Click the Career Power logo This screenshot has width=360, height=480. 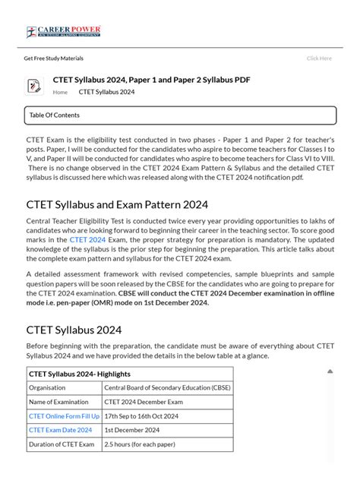click(x=64, y=32)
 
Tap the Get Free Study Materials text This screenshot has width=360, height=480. click(x=53, y=58)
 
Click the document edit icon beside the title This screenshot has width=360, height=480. click(x=34, y=86)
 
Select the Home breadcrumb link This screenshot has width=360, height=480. click(x=60, y=93)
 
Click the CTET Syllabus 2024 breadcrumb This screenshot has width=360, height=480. click(x=106, y=93)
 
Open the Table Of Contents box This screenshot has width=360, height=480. click(x=180, y=115)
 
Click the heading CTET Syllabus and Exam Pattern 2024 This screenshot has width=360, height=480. click(x=117, y=205)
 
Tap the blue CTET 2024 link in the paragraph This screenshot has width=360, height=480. click(x=87, y=240)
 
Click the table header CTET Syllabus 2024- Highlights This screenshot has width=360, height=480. click(x=80, y=374)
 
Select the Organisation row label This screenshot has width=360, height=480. click(x=47, y=387)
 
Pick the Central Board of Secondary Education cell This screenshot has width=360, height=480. click(x=167, y=387)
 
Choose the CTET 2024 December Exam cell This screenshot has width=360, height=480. click(x=144, y=402)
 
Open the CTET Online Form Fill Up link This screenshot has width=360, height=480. click(x=64, y=416)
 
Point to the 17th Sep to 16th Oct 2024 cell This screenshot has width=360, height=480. click(x=141, y=416)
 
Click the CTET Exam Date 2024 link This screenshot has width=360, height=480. click(x=60, y=430)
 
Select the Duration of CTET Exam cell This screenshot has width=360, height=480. click(x=62, y=444)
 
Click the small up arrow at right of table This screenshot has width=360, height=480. click(x=330, y=371)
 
